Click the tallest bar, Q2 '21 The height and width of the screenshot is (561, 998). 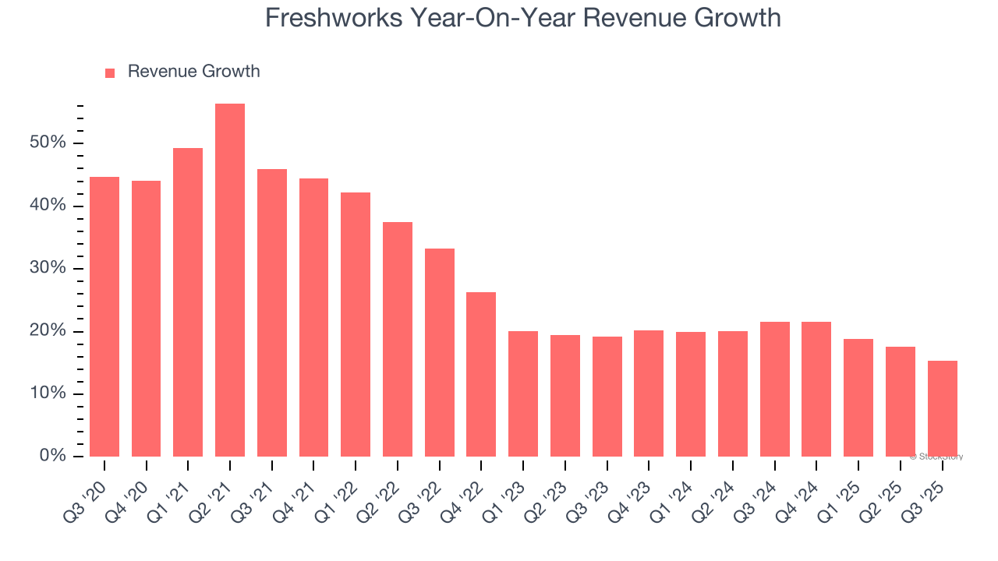(230, 280)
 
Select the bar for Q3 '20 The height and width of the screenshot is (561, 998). (104, 316)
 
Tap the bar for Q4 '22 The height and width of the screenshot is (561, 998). (481, 374)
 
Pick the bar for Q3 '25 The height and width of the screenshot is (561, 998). (943, 408)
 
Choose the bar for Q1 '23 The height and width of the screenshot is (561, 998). (523, 393)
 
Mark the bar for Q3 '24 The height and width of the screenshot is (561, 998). (774, 389)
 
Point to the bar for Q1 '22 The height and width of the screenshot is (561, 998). (356, 324)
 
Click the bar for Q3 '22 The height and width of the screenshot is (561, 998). (440, 352)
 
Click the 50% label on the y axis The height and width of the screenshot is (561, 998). (48, 143)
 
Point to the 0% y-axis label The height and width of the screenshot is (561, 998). (53, 456)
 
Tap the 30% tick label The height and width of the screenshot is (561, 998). (48, 269)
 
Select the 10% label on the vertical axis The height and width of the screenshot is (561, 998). (48, 393)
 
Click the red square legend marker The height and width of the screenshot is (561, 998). (110, 72)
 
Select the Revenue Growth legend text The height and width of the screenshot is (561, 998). (193, 72)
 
